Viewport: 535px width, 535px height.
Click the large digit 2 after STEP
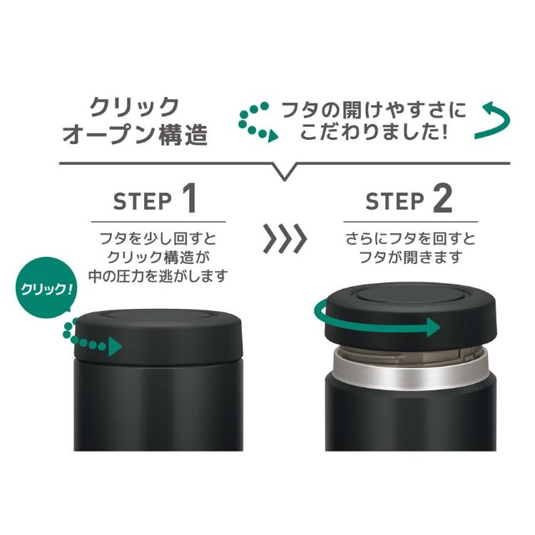click(442, 198)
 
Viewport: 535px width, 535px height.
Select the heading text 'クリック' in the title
click(134, 107)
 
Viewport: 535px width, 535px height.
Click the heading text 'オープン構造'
click(136, 134)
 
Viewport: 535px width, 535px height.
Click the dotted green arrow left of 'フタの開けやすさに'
click(258, 122)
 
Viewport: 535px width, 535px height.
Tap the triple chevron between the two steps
click(285, 238)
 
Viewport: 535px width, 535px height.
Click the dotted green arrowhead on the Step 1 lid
click(115, 347)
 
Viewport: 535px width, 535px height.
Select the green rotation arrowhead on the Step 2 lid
click(433, 327)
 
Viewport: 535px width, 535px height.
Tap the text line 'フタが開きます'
click(411, 257)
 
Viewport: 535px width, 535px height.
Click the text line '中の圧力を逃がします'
click(158, 275)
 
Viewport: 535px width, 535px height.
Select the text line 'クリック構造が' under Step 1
click(158, 257)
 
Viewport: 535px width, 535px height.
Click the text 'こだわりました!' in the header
click(373, 131)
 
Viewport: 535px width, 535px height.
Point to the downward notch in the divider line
click(284, 173)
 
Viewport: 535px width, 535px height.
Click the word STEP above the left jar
click(143, 201)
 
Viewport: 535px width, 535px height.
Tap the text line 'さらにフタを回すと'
click(410, 238)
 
